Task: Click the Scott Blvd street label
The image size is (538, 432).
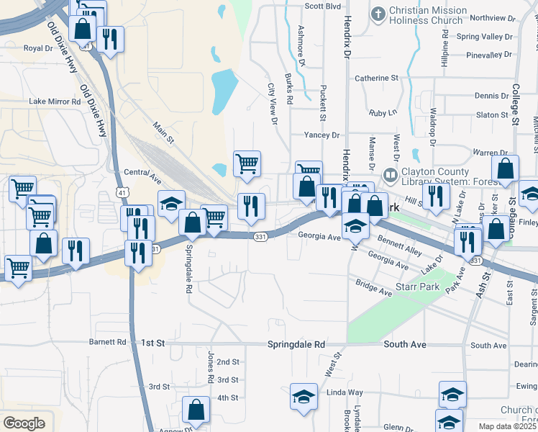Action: pos(322,6)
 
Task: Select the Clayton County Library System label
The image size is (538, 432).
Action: pos(435,177)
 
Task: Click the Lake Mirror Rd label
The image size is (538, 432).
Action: pos(55,102)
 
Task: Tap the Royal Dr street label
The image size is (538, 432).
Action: pos(39,48)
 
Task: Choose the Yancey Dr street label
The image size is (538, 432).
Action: pos(321,135)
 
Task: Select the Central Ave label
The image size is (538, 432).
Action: pos(140,172)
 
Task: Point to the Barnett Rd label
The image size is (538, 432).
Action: pos(108,343)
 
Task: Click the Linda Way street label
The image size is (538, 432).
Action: pos(345,392)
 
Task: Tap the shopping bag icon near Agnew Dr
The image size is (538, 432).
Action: pos(196,410)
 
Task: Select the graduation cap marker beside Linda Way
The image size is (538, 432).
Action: pos(304,396)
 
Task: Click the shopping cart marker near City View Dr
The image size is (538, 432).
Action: pos(247,163)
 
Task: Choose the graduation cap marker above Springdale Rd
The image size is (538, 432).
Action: pos(171,204)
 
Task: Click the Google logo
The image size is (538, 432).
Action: pos(24,423)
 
